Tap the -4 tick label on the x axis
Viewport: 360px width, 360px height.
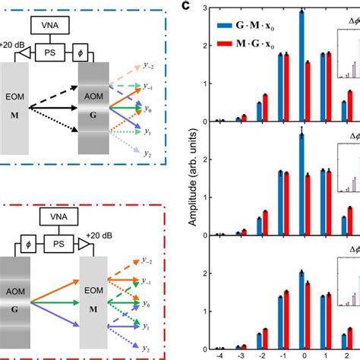click(x=219, y=353)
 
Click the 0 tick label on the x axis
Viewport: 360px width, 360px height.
click(x=304, y=353)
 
